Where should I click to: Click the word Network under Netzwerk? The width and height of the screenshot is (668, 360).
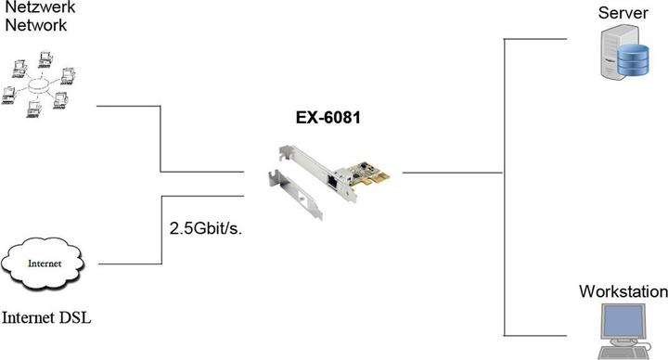coord(36,26)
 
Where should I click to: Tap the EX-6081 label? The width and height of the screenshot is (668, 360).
coord(328,118)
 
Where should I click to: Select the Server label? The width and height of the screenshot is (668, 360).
coord(623,13)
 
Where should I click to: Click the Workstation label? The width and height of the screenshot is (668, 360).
coord(623,291)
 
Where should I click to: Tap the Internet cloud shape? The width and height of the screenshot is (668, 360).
coord(46,264)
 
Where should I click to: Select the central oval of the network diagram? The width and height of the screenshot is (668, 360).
coord(40,85)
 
